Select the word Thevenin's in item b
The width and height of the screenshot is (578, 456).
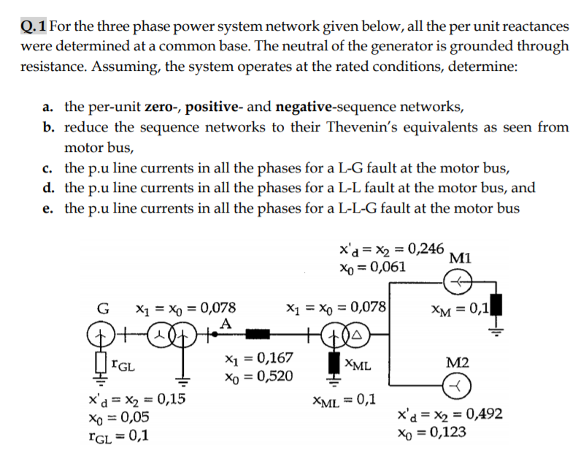[375, 127]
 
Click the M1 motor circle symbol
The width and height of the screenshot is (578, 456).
[458, 281]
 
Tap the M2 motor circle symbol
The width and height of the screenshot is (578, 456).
[458, 385]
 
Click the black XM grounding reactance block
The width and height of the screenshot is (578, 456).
[500, 305]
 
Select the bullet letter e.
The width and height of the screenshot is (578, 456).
[47, 208]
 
